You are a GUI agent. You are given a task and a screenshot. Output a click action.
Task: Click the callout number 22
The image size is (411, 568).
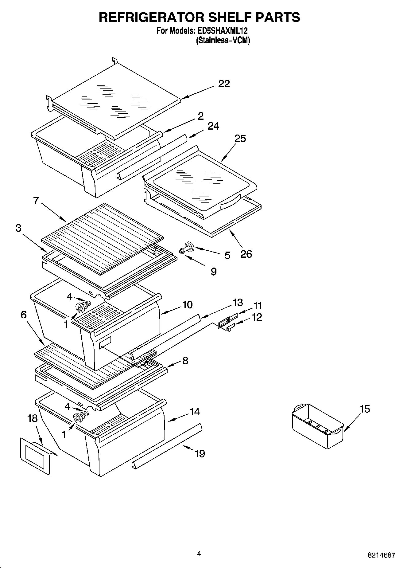pyautogui.click(x=224, y=84)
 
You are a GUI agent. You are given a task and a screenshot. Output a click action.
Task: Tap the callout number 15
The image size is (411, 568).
pyautogui.click(x=365, y=409)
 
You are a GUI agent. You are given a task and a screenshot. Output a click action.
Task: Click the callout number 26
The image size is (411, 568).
pyautogui.click(x=246, y=254)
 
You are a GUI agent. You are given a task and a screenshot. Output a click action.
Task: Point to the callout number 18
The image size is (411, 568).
pyautogui.click(x=32, y=418)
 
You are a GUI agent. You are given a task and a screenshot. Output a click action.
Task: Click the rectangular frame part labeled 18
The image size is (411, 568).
pyautogui.click(x=35, y=456)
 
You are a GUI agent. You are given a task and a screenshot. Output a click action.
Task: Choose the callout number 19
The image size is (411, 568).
pyautogui.click(x=200, y=453)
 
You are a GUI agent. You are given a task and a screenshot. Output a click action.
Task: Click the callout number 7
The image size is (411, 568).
pyautogui.click(x=36, y=201)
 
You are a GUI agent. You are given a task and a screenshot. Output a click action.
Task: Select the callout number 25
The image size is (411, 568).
pyautogui.click(x=240, y=139)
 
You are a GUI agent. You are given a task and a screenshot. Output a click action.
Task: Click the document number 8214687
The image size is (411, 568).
pyautogui.click(x=382, y=555)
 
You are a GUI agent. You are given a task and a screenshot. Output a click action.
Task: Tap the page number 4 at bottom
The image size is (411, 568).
pyautogui.click(x=199, y=554)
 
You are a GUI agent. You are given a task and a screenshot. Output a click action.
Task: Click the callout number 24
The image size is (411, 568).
pyautogui.click(x=213, y=126)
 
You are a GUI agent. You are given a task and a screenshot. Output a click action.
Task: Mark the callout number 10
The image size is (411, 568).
pyautogui.click(x=187, y=305)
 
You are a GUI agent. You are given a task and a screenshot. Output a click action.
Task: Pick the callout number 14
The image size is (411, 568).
pyautogui.click(x=195, y=412)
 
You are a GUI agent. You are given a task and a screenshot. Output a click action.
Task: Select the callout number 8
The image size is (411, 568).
pyautogui.click(x=185, y=360)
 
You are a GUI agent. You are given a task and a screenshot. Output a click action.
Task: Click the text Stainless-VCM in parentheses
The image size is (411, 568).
pyautogui.click(x=223, y=40)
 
